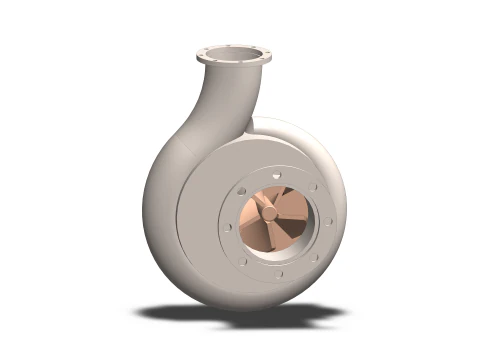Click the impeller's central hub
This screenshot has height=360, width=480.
pyautogui.click(x=270, y=212)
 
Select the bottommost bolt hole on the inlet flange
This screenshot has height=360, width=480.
pyautogui.click(x=279, y=272)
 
